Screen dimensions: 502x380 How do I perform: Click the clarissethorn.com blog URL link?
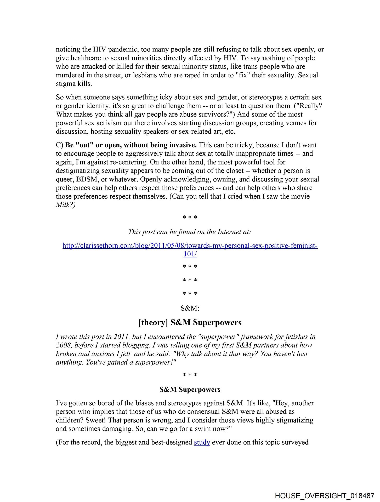click(x=190, y=246)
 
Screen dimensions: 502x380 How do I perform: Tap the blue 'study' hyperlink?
click(x=202, y=442)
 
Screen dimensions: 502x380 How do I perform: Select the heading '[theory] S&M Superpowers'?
click(x=190, y=322)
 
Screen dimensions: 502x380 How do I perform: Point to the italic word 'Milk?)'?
click(x=66, y=205)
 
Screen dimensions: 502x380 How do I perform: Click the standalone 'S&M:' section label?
click(x=190, y=308)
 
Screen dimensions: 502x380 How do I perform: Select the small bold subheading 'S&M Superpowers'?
click(x=190, y=390)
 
